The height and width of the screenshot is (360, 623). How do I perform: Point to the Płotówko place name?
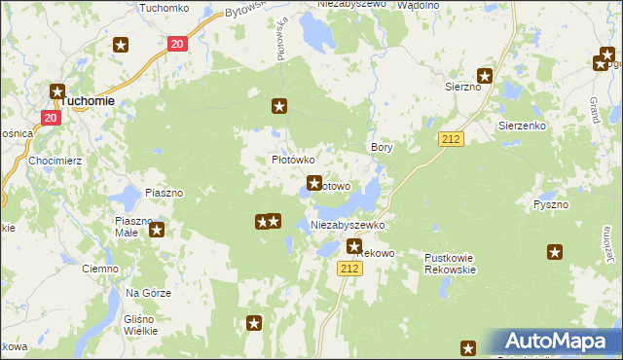tap(291, 160)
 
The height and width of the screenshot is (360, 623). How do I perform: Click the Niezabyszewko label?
tap(348, 225)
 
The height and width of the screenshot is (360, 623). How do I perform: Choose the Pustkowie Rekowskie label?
tap(450, 264)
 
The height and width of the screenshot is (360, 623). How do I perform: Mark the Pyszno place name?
tap(552, 205)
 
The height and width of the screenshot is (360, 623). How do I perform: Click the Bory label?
tap(382, 147)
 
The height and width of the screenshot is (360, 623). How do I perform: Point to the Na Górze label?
tap(148, 293)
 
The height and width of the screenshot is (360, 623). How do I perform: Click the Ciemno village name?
tap(99, 268)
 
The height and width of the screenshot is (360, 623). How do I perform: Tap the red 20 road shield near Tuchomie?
tap(52, 117)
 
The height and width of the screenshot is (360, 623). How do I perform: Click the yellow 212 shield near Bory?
tap(450, 139)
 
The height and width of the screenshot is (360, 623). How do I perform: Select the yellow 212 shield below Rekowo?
tap(351, 268)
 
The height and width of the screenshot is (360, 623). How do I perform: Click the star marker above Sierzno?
tap(485, 75)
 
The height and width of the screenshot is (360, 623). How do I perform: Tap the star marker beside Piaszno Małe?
tap(157, 231)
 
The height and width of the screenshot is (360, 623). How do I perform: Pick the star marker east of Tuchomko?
tap(121, 45)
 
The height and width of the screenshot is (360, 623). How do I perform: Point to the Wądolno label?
tap(420, 5)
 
